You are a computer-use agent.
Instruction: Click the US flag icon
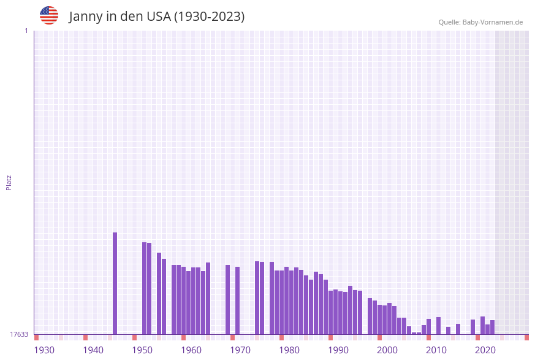[49, 15]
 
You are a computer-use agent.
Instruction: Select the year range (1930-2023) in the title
[209, 17]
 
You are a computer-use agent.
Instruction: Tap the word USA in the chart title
[158, 17]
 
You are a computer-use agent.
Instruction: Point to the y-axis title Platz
[9, 182]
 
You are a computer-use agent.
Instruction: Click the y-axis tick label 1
[26, 31]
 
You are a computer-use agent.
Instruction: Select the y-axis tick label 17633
[19, 334]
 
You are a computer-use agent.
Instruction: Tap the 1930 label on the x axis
[44, 350]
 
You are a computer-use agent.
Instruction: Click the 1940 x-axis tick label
[93, 350]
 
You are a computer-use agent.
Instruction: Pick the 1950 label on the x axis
[142, 350]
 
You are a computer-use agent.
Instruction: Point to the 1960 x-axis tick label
[191, 350]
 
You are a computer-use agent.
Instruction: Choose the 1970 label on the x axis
[240, 350]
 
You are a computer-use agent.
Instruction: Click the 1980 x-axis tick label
[289, 350]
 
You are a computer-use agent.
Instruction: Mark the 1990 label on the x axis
[338, 350]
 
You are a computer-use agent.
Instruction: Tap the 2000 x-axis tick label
[387, 350]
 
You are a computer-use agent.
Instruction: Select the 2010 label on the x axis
[436, 350]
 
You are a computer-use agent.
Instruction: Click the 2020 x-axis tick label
[485, 350]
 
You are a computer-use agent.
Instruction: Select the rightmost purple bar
[492, 327]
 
